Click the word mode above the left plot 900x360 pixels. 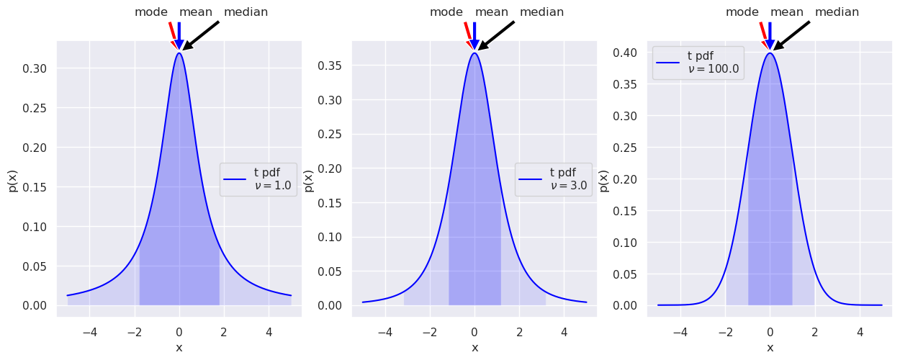pos(151,12)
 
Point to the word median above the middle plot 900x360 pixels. pos(541,12)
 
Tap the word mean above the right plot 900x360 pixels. pos(787,12)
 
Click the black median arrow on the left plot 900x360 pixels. pos(202,35)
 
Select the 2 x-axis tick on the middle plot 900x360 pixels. pos(519,333)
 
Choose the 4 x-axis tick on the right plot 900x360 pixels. pos(859,333)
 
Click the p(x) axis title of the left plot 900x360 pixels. pos(13,180)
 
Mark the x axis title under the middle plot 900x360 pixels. pos(474,348)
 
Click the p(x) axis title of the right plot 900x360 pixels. pos(604,180)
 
